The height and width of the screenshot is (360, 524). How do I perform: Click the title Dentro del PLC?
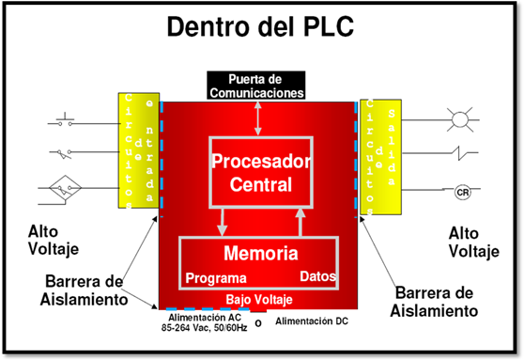(x=260, y=27)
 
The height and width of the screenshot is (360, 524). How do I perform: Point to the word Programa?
(x=216, y=278)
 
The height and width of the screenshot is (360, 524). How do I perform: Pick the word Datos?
(x=317, y=277)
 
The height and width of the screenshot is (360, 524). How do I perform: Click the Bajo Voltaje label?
(x=259, y=300)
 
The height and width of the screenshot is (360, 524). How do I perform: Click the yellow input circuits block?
(x=139, y=150)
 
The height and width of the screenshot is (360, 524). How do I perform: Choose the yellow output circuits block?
(x=379, y=150)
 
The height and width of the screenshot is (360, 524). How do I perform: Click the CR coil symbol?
(x=461, y=192)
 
